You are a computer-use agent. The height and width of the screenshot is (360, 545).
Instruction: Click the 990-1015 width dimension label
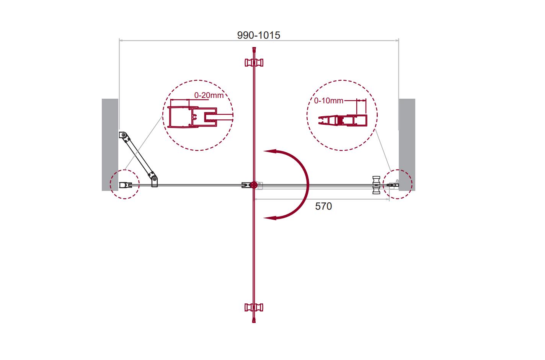(259, 35)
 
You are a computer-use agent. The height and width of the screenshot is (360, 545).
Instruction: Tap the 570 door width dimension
(323, 206)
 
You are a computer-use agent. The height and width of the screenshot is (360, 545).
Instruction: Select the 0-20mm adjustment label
(209, 95)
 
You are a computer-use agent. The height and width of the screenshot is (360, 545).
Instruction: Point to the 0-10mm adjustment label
(328, 101)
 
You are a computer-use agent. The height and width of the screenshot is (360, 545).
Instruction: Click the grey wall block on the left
(110, 145)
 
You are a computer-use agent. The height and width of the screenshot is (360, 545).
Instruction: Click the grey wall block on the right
(407, 145)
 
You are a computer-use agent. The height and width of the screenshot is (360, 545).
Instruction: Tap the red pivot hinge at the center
(254, 185)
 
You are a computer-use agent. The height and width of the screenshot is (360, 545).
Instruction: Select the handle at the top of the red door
(254, 62)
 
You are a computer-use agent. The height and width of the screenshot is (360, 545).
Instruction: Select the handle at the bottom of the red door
(254, 308)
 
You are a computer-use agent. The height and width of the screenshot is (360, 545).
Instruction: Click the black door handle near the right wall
(376, 185)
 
